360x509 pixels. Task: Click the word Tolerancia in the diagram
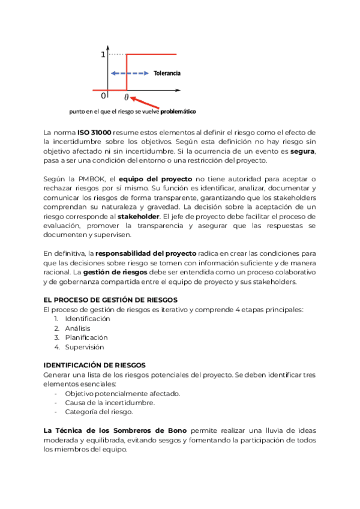tap(167, 73)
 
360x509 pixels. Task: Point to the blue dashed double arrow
tap(129, 73)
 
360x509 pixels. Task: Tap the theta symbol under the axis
tap(126, 96)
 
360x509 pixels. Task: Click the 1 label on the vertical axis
tap(103, 55)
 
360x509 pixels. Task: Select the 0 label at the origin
tap(103, 95)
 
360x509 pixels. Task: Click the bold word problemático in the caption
tap(178, 112)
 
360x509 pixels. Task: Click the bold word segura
tap(302, 151)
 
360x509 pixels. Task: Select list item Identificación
tap(88, 319)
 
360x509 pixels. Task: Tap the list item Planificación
tap(86, 337)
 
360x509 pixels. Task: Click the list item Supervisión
tap(84, 347)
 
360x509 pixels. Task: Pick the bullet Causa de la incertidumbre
tap(110, 403)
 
